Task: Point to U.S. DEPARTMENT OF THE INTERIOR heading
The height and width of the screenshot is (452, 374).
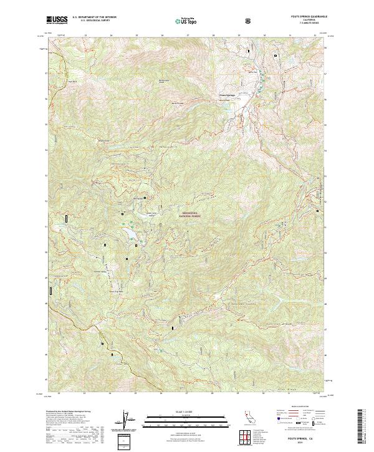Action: pos(94,17)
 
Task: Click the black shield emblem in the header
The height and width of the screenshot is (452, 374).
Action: pos(249,20)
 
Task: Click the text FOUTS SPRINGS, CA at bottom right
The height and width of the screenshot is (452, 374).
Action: pos(303,435)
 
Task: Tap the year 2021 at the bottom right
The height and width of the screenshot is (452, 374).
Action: pos(303,440)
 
